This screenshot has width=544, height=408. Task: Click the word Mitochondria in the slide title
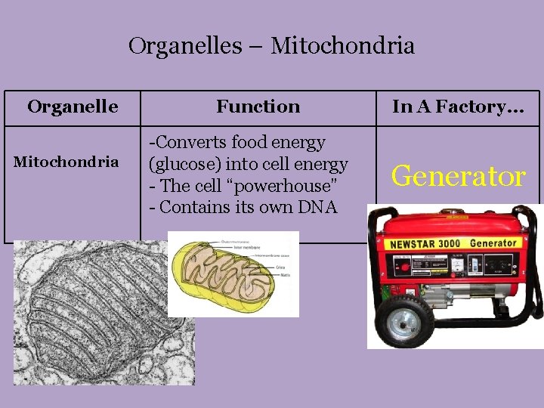(342, 46)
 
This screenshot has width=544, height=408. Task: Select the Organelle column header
(73, 107)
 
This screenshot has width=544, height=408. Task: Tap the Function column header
(258, 107)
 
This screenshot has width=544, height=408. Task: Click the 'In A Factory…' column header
(458, 107)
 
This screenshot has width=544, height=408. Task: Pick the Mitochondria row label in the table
(66, 162)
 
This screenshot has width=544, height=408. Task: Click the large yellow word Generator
(458, 176)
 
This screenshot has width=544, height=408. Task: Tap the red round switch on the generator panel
(404, 267)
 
